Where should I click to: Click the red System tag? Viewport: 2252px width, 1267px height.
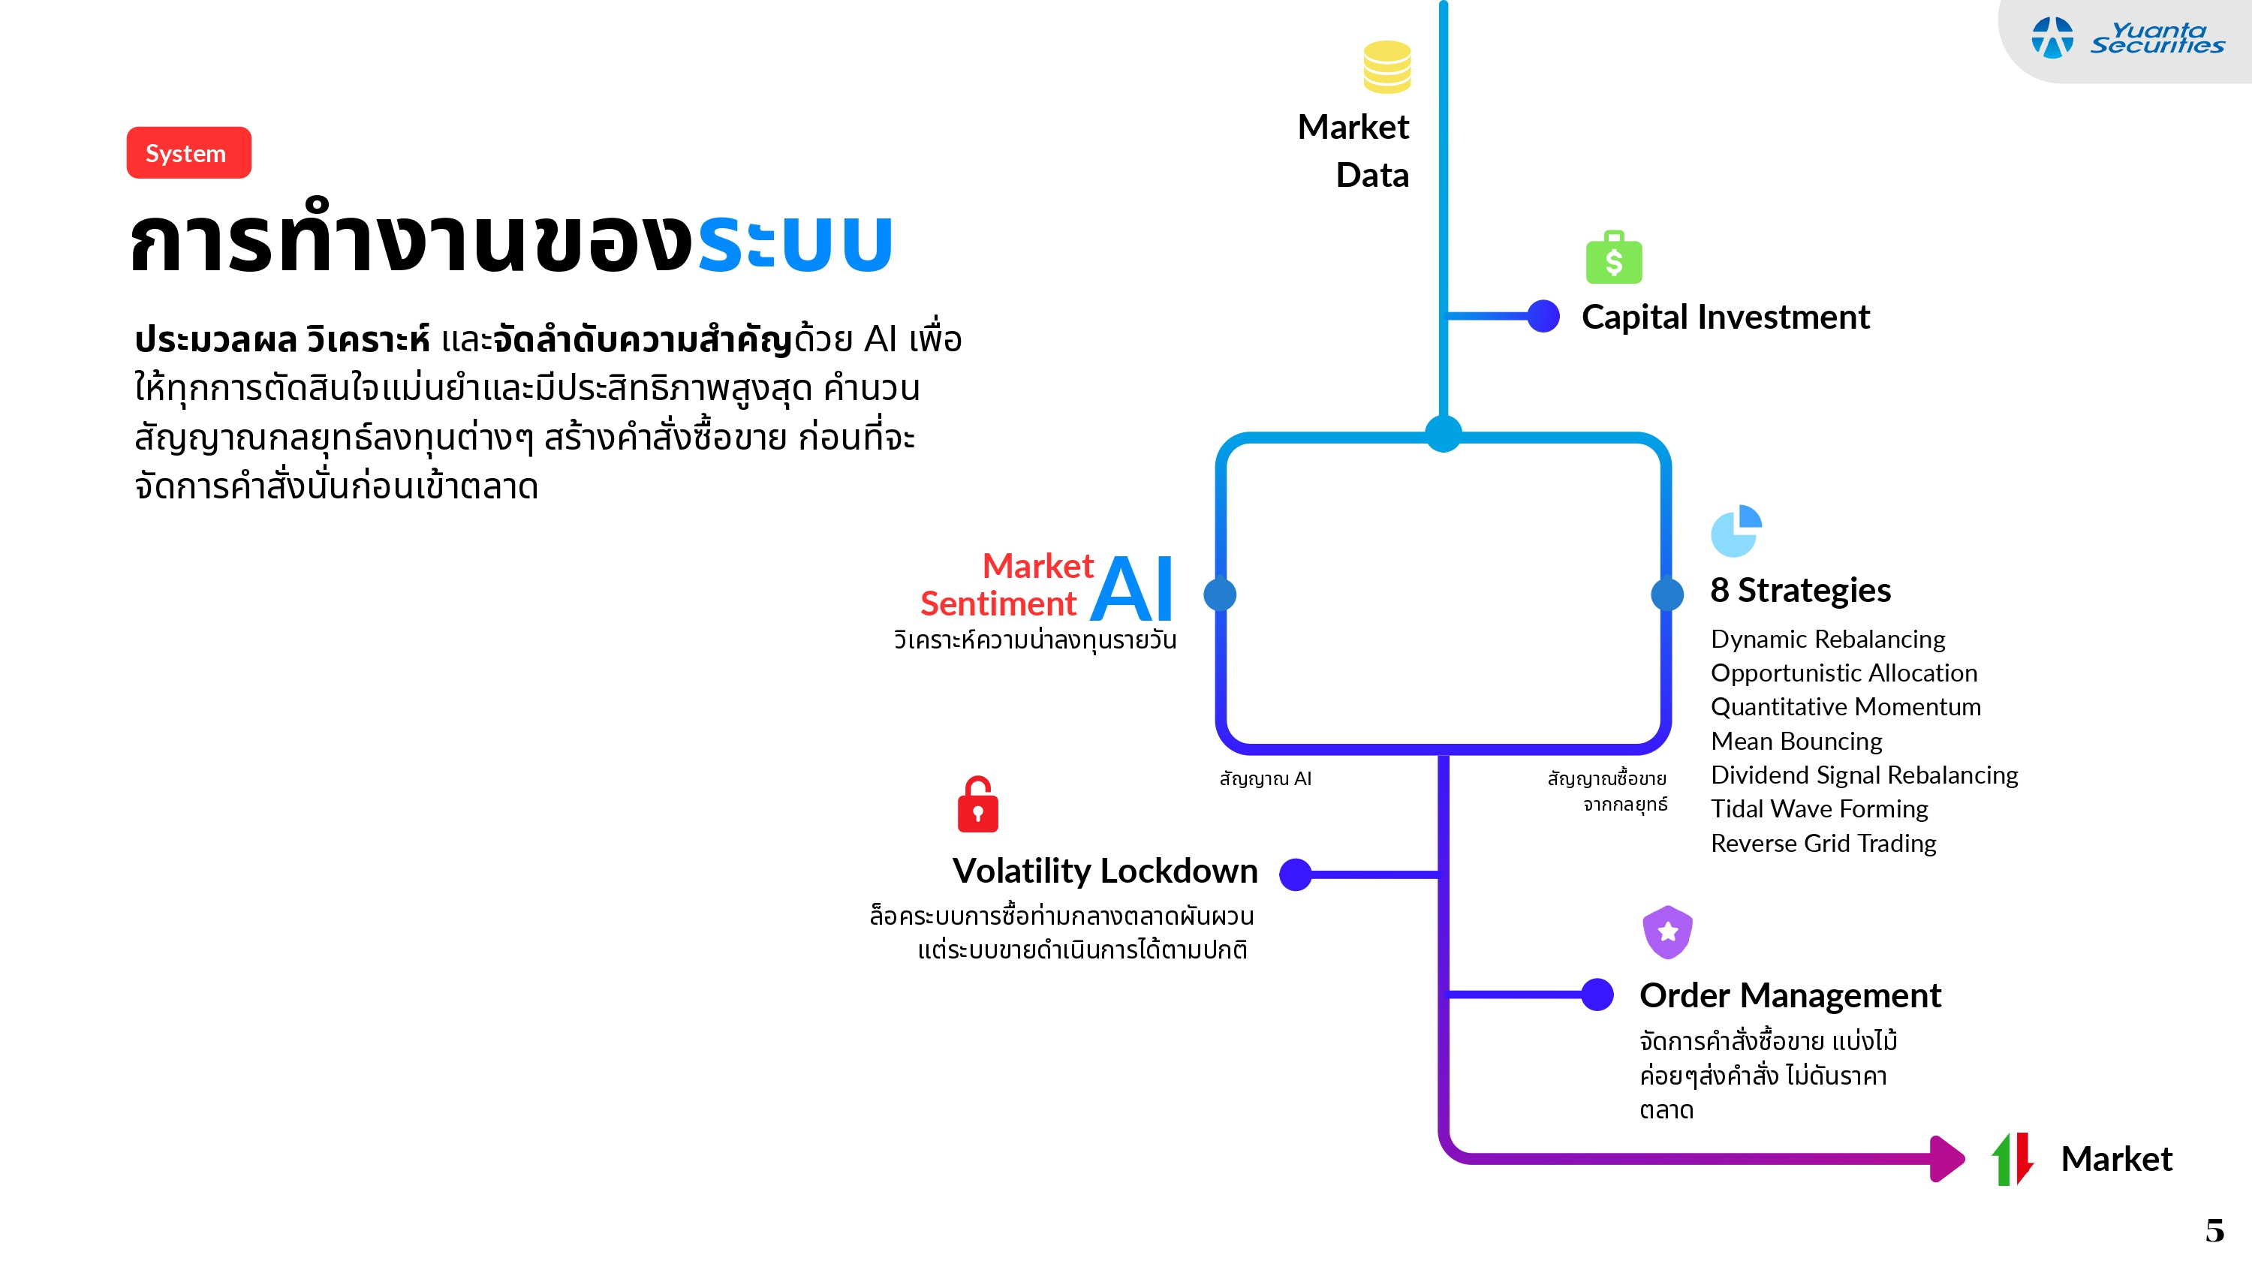188,153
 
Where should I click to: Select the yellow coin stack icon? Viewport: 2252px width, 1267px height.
1386,68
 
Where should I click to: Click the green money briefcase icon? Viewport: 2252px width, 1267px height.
1614,258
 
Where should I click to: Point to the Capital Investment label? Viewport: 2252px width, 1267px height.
1725,317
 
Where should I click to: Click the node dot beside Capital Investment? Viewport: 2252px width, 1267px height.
1544,316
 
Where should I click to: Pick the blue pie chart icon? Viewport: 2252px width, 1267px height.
1736,531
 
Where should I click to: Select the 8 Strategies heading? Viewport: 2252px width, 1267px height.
1800,590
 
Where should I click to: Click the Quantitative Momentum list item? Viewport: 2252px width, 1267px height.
1844,706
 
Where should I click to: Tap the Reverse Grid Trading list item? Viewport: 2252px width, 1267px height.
1823,843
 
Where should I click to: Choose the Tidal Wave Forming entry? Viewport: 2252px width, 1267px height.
1818,809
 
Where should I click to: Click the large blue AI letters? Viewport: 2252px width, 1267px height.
1133,589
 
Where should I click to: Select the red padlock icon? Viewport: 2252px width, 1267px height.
977,805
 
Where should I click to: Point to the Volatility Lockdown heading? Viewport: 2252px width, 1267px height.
1104,871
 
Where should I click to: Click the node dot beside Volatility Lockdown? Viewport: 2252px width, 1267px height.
1296,874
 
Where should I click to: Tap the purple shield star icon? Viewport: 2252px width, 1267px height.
1667,931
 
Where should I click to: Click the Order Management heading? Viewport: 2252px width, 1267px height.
1790,995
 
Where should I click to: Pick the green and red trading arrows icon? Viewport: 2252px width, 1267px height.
2013,1159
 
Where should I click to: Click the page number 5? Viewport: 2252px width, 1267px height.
2214,1231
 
